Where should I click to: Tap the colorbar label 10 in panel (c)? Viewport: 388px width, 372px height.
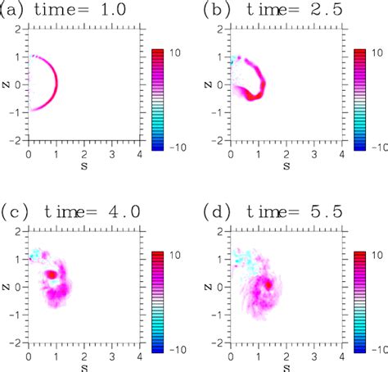pyautogui.click(x=174, y=256)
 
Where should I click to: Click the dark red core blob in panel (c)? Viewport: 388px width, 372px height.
pyautogui.click(x=51, y=274)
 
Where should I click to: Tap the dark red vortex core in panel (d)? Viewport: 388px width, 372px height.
pyautogui.click(x=268, y=285)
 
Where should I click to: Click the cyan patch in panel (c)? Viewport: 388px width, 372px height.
pyautogui.click(x=35, y=256)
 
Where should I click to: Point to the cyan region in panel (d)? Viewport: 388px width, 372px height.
pyautogui.click(x=244, y=261)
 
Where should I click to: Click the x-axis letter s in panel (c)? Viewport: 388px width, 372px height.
pyautogui.click(x=71, y=366)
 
